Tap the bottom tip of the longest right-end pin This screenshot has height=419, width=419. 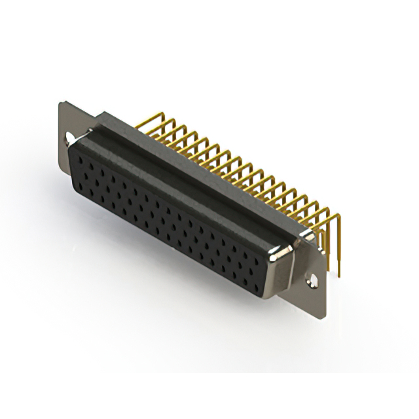tap(340, 275)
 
